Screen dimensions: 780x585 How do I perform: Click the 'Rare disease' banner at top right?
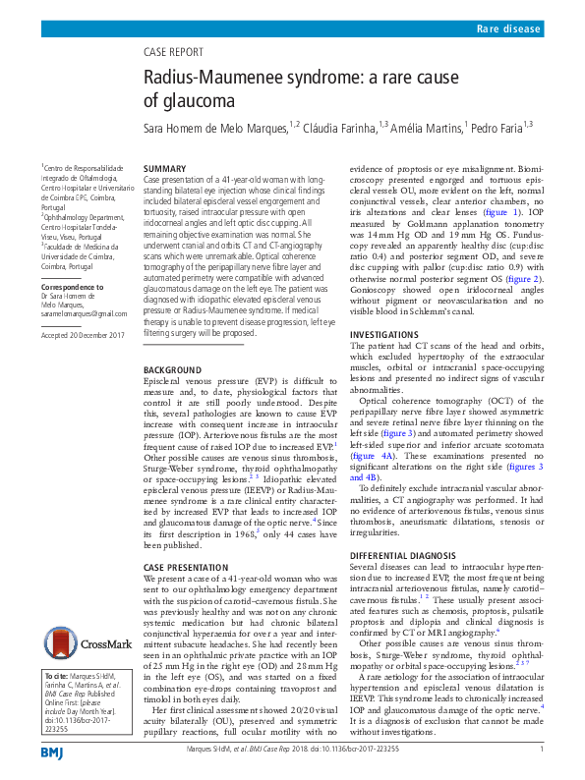[508, 30]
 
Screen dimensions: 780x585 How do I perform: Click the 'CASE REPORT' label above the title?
[179, 51]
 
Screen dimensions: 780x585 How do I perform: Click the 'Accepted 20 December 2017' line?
[84, 335]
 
